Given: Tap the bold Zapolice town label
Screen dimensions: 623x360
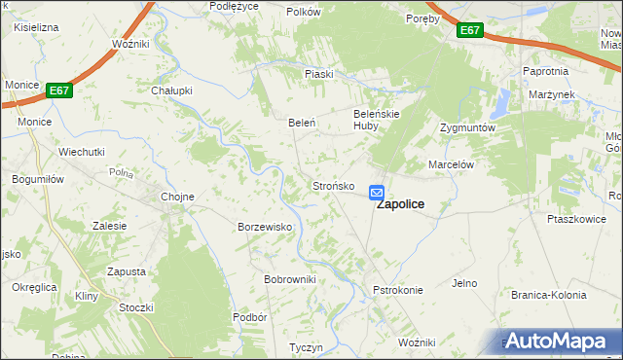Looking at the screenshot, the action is point(399,205).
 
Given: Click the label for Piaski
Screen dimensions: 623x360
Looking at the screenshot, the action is point(319,74).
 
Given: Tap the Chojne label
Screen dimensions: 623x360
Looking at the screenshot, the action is point(177,197).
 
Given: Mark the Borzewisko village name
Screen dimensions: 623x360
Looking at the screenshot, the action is point(266,227).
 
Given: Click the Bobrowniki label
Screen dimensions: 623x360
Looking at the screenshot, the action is point(290,279).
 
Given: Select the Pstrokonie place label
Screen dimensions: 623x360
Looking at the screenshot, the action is point(397,290).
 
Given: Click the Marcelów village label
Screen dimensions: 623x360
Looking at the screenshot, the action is point(451,165).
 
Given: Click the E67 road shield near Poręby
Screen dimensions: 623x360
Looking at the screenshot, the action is point(470,31).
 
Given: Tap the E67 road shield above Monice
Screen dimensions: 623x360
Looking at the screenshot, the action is point(59,90).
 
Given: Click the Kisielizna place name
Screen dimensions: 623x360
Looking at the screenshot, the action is point(36,27).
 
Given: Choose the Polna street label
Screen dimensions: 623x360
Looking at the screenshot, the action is point(121,172).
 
